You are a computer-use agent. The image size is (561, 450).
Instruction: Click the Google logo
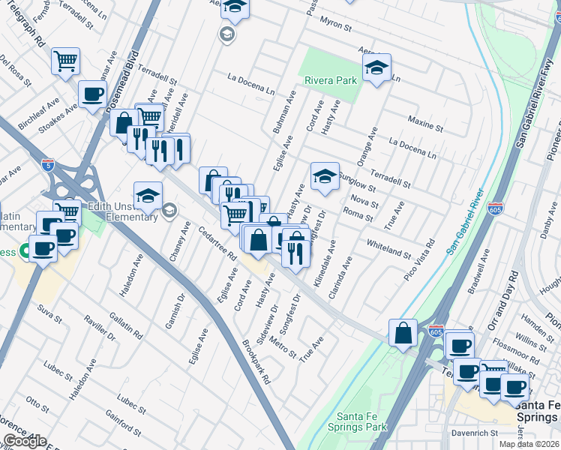[x=25, y=441]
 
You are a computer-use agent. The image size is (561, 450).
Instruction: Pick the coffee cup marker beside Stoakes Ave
[x=93, y=95]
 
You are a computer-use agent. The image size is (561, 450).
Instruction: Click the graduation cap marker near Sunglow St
[x=325, y=176]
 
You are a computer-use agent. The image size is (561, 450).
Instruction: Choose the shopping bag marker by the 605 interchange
[x=403, y=332]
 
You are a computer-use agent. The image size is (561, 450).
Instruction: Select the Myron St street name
[x=337, y=25]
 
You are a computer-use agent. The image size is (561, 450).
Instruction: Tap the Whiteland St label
[x=388, y=250]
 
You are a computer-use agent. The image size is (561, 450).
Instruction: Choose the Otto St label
[x=37, y=403]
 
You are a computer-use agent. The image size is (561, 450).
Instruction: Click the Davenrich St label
[x=474, y=433]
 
